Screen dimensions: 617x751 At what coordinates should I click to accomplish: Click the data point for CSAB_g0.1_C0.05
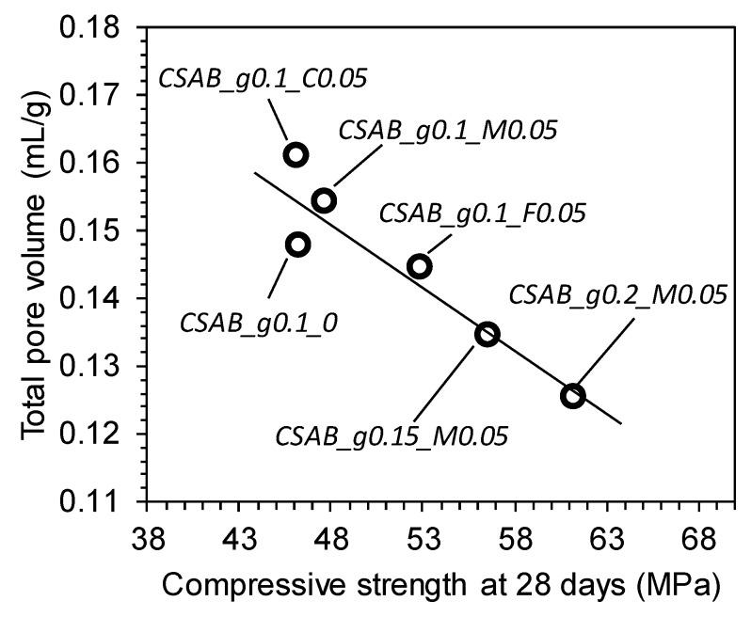296,154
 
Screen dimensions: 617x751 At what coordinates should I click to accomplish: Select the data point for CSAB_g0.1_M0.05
325,200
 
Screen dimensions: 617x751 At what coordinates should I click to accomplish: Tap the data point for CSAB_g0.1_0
297,245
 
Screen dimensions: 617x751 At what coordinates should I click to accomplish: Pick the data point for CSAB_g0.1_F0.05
420,266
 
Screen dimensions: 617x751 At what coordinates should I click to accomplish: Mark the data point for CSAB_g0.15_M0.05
487,334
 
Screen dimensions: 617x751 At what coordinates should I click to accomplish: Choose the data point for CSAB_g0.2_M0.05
572,395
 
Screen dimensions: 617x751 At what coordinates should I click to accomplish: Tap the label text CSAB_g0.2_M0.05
617,293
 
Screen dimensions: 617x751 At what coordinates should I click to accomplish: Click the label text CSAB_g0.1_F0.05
482,213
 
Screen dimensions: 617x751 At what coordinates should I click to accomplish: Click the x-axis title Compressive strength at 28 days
442,585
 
